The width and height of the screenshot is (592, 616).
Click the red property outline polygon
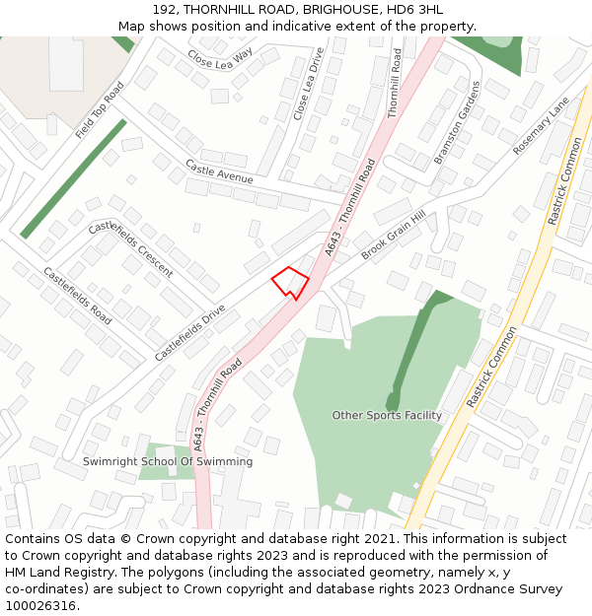tap(290, 282)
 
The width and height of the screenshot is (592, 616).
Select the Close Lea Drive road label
tap(309, 85)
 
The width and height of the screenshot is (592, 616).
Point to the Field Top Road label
tap(100, 109)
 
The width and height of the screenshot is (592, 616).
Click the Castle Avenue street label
tap(219, 171)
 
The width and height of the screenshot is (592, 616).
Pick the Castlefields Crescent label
tap(130, 248)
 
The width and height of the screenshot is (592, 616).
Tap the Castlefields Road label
tap(77, 296)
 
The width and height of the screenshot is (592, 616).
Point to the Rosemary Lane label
tap(541, 125)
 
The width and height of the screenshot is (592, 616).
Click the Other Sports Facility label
tap(387, 416)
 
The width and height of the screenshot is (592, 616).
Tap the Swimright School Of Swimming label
tap(168, 461)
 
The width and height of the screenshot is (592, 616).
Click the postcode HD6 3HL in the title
tap(418, 9)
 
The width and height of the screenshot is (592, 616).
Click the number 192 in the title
tap(164, 9)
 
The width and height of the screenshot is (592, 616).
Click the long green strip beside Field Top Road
tap(74, 177)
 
